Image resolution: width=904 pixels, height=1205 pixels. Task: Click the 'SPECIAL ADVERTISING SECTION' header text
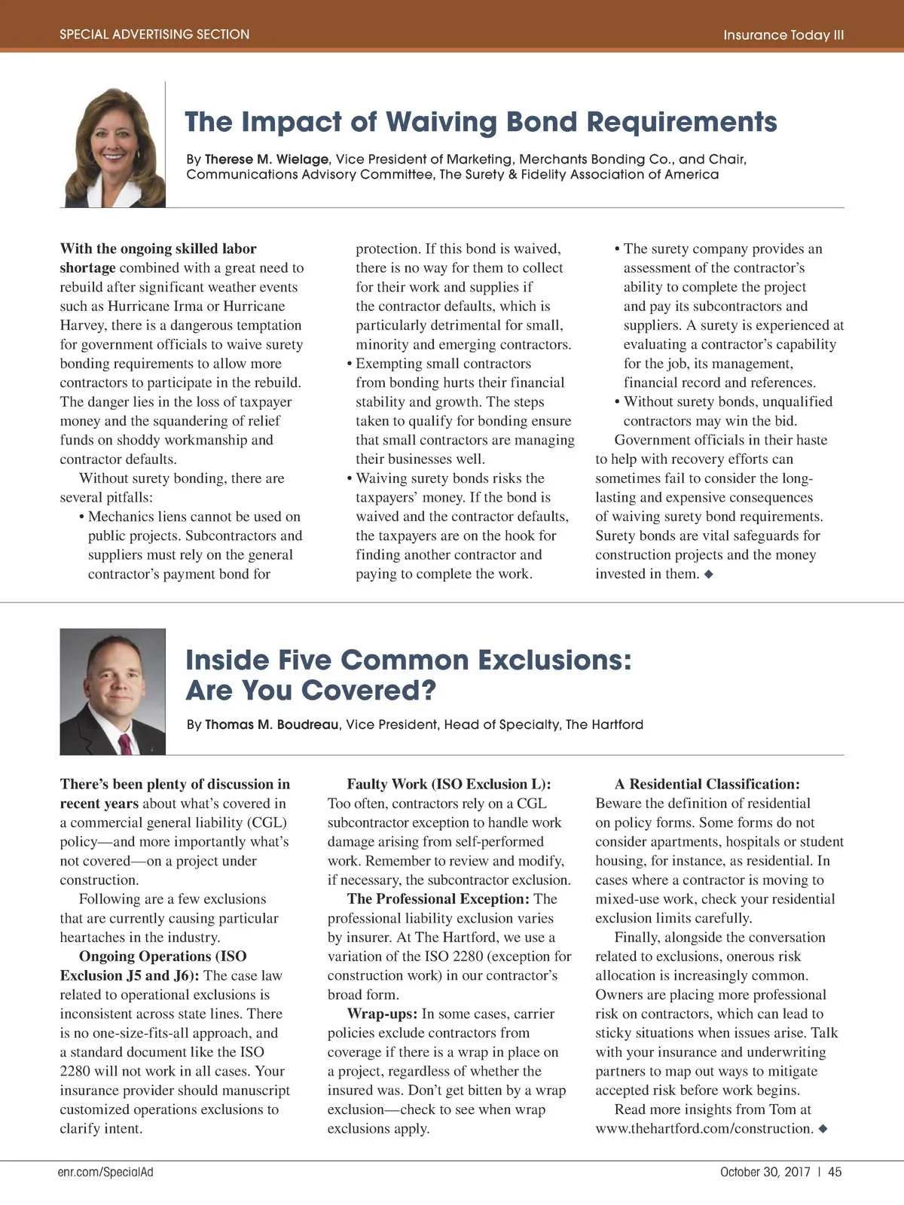point(154,34)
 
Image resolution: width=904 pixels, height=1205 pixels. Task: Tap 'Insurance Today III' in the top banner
point(783,35)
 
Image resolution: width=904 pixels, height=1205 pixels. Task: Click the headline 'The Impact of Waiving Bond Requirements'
point(481,121)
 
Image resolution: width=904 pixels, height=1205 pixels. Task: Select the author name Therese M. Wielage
point(267,160)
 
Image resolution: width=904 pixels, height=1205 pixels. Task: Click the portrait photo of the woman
point(113,147)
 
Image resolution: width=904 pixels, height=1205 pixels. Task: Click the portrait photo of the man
point(112,691)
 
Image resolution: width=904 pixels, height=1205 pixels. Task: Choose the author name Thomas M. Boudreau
point(271,725)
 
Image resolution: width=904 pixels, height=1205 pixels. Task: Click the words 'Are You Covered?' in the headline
point(310,690)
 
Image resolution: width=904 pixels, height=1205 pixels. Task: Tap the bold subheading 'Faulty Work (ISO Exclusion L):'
point(449,784)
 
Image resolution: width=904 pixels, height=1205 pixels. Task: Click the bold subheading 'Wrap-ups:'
point(382,1014)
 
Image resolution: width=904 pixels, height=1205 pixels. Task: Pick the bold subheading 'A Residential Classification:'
point(707,784)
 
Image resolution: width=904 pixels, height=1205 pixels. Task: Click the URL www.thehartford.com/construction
point(704,1128)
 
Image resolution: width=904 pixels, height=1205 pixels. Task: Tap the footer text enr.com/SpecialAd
point(105,1172)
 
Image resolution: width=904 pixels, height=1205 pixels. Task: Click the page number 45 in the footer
point(835,1172)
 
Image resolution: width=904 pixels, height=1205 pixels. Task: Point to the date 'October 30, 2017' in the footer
point(765,1172)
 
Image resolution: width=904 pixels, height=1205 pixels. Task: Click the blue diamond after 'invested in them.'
point(708,574)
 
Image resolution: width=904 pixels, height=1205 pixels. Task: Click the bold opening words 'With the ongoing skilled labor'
point(158,249)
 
